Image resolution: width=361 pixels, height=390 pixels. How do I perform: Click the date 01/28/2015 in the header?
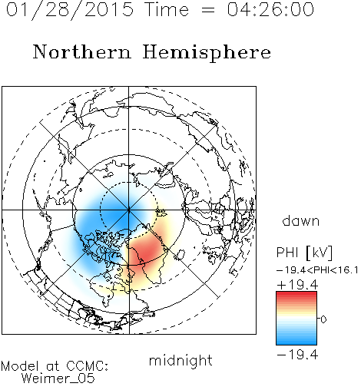pyautogui.click(x=70, y=10)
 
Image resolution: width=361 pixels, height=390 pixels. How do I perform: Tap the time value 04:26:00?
pyautogui.click(x=270, y=9)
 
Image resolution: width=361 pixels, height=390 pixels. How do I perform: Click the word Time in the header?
pyautogui.click(x=167, y=9)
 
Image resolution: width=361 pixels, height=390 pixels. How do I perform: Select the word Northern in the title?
pyautogui.click(x=82, y=52)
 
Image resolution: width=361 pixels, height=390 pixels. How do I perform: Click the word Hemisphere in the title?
pyautogui.click(x=207, y=53)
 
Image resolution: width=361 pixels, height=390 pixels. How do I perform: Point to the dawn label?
pyautogui.click(x=301, y=220)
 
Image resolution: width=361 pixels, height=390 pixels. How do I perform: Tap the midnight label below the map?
pyautogui.click(x=180, y=361)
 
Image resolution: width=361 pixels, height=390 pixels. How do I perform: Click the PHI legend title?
pyautogui.click(x=287, y=253)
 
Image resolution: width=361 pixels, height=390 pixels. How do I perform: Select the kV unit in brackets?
pyautogui.click(x=320, y=253)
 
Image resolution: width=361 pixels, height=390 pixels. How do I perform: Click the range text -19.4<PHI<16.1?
pyautogui.click(x=317, y=270)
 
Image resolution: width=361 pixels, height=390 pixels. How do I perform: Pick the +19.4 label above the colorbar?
pyautogui.click(x=297, y=285)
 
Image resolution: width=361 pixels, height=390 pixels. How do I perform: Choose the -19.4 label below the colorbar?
pyautogui.click(x=297, y=355)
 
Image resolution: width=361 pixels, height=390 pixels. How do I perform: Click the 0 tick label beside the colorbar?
pyautogui.click(x=323, y=319)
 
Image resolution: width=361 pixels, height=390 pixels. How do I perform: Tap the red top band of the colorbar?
pyautogui.click(x=296, y=295)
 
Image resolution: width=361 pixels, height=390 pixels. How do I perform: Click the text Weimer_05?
pyautogui.click(x=58, y=378)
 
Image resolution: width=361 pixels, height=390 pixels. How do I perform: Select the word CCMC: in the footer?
pyautogui.click(x=87, y=366)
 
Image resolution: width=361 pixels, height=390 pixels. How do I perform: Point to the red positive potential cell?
pyautogui.click(x=145, y=251)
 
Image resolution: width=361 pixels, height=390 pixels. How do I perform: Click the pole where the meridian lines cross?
pyautogui.click(x=129, y=210)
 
